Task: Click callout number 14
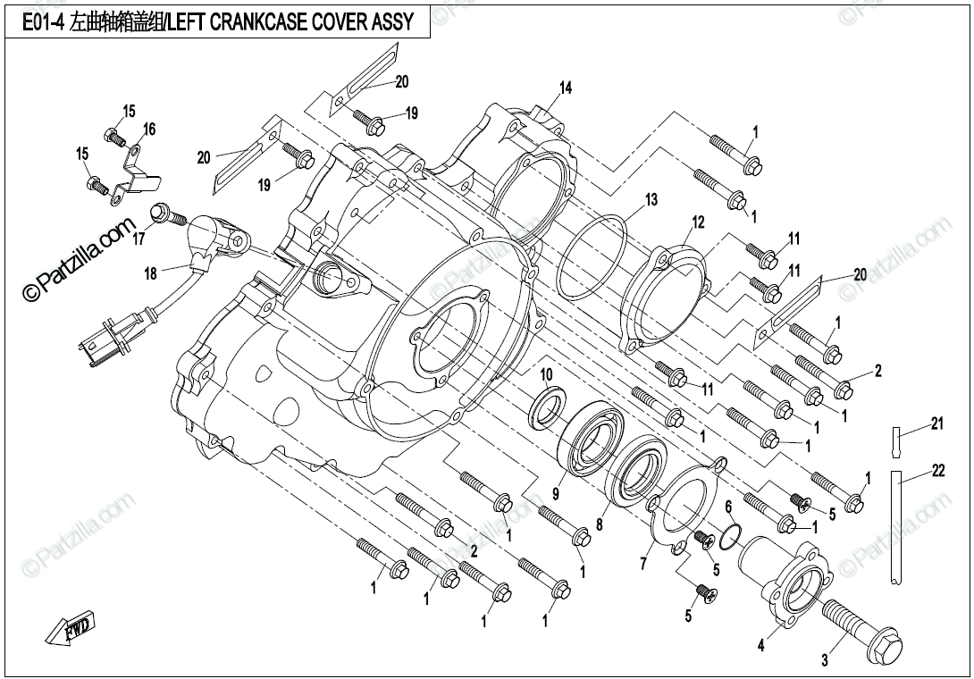(566, 88)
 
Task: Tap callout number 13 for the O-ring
(651, 199)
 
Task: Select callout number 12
(699, 222)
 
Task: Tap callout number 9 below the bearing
(555, 491)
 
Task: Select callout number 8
(599, 524)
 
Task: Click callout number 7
(642, 564)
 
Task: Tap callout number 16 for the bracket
(149, 130)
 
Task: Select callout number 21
(936, 423)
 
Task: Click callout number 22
(938, 472)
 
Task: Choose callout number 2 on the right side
(878, 371)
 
